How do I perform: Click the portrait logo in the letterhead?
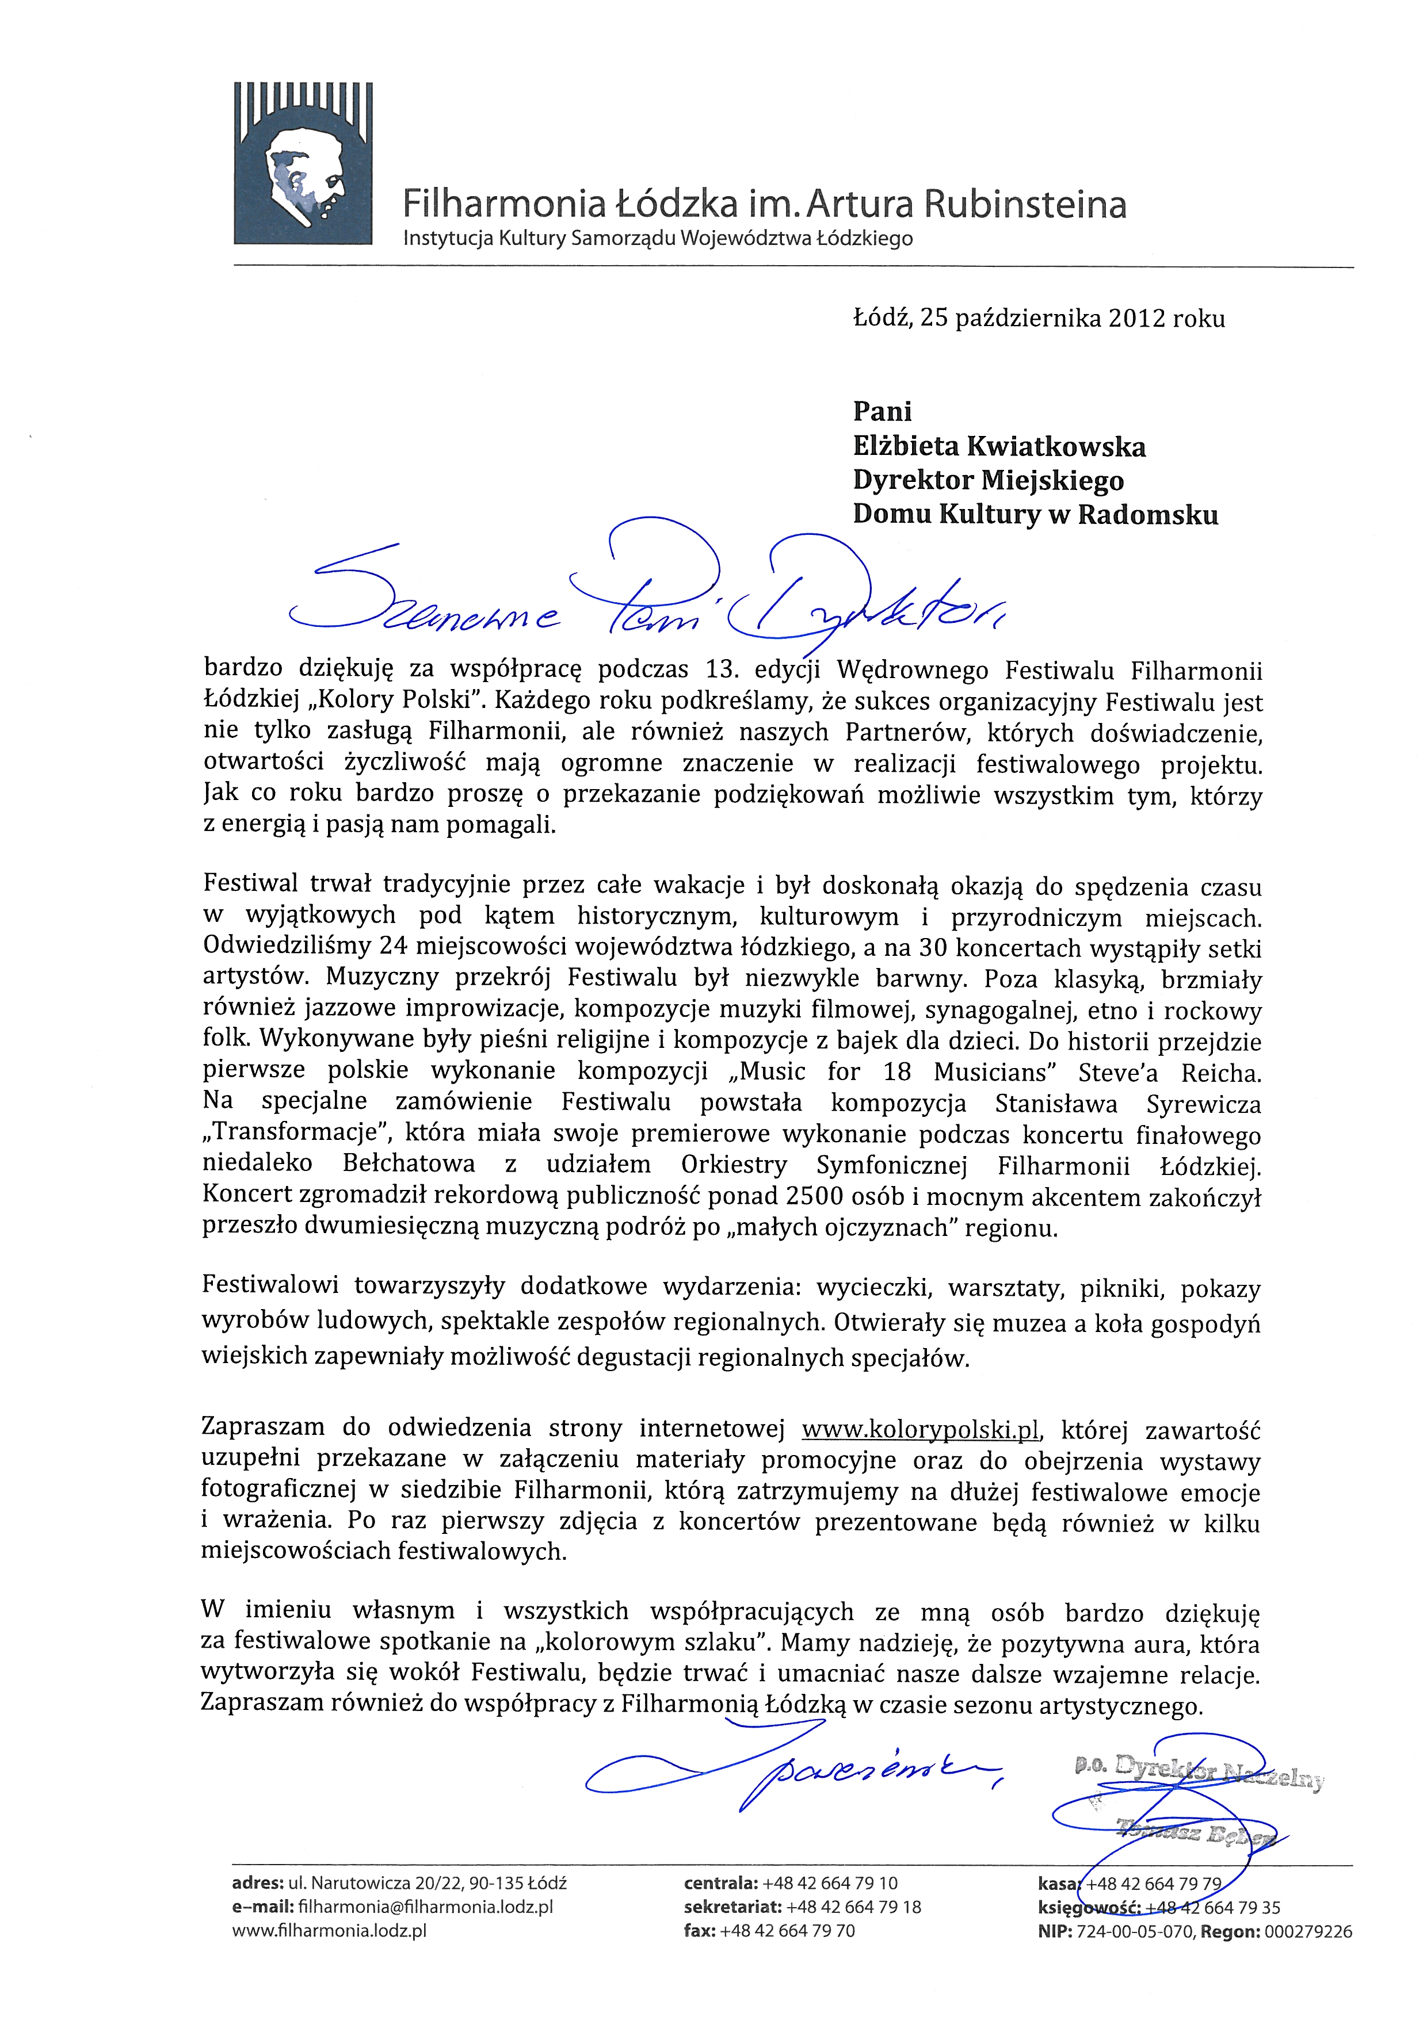pos(303,163)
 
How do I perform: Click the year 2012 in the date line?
pos(1137,318)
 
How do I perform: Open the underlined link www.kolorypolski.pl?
pos(921,1429)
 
